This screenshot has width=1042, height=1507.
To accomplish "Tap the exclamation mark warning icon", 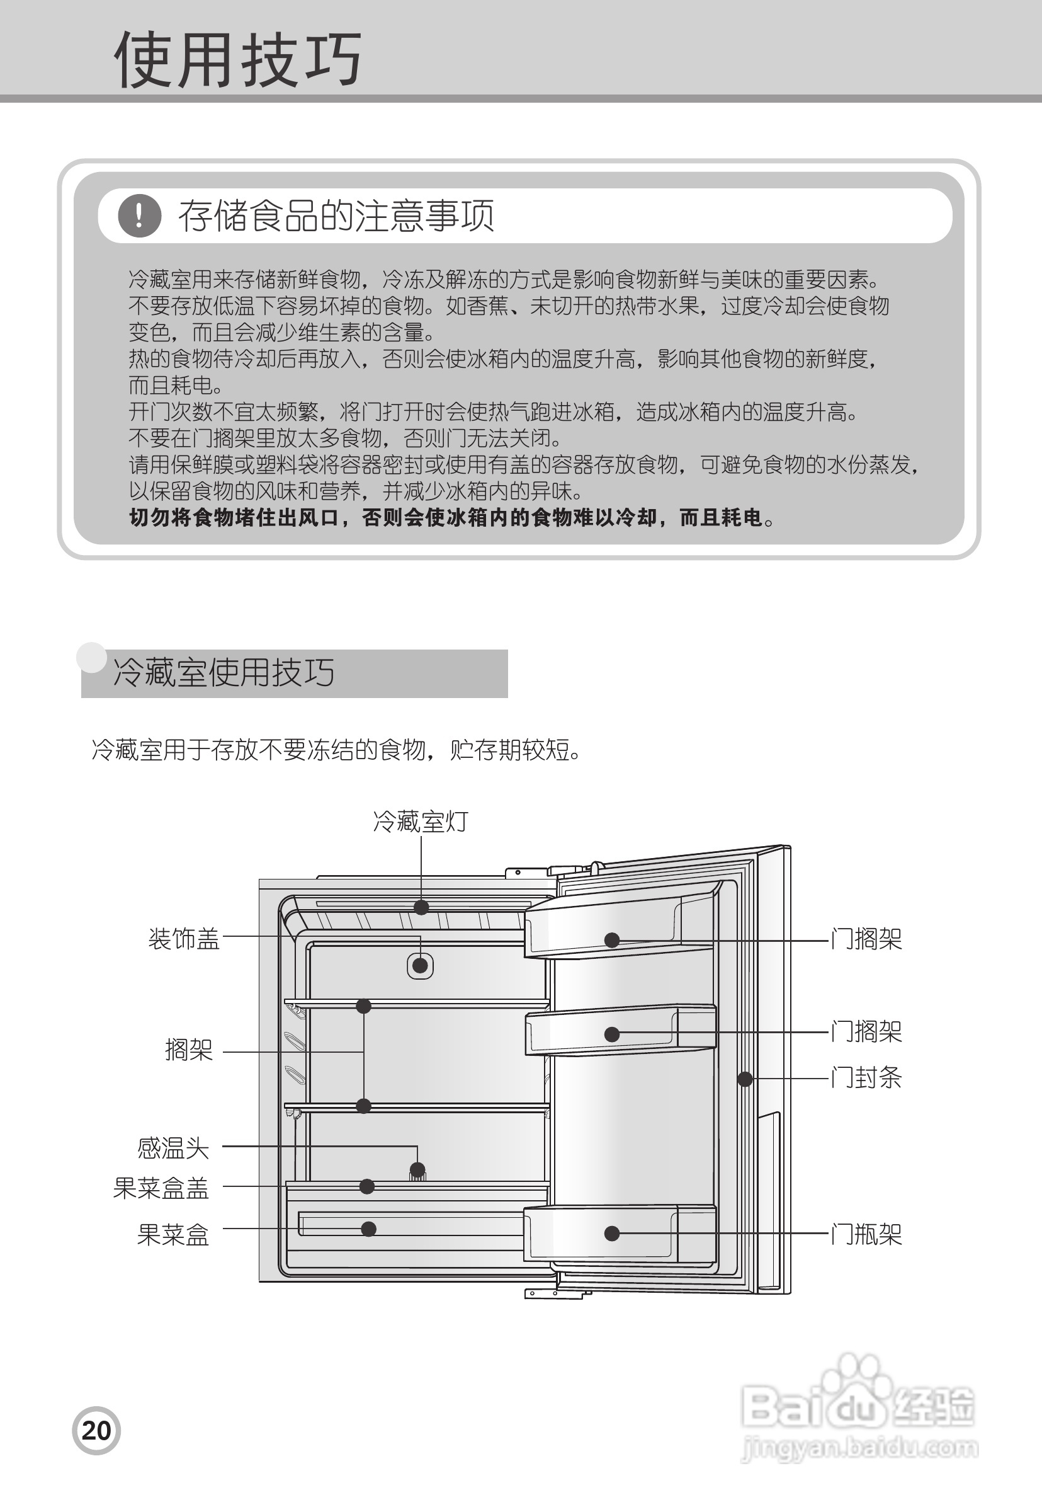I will [140, 215].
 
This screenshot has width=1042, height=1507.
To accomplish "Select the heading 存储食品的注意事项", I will [336, 215].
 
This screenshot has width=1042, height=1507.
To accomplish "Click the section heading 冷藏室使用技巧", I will [224, 672].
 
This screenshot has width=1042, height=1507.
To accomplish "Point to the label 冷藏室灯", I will [421, 821].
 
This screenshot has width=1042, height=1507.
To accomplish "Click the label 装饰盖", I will [184, 939].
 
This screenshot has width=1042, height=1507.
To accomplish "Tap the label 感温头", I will [173, 1148].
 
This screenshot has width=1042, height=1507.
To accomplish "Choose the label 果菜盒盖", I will [161, 1188].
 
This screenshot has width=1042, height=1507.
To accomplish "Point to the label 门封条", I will [866, 1078].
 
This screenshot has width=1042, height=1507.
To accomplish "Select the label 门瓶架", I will [866, 1234].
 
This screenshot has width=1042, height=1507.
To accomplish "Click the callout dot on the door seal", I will [744, 1079].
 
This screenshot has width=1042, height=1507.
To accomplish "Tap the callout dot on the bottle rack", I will [612, 1234].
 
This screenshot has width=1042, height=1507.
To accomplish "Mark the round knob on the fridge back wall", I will [421, 965].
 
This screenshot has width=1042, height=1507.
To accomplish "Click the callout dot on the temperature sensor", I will [417, 1169].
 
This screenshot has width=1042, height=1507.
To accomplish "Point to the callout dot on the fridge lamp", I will [421, 907].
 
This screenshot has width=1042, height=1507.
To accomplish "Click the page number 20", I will [96, 1431].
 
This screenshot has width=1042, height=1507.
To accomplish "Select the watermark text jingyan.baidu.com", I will [860, 1448].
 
